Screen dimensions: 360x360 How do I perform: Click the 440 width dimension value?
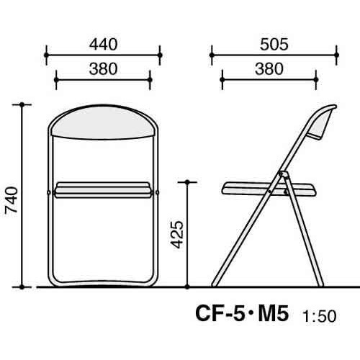[x=104, y=45]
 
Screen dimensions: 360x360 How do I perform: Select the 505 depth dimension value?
[x=274, y=45]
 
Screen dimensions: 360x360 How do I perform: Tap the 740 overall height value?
[x=12, y=199]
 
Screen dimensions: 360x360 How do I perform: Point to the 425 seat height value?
[x=177, y=234]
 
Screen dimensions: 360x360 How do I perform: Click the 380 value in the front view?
[x=103, y=69]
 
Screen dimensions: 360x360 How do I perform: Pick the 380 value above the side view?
[x=269, y=69]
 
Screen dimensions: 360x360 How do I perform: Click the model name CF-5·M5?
[x=242, y=313]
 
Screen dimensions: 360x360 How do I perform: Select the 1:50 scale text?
[x=319, y=316]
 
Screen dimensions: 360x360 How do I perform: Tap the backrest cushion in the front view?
[x=103, y=122]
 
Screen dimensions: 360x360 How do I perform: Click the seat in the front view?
[x=103, y=190]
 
